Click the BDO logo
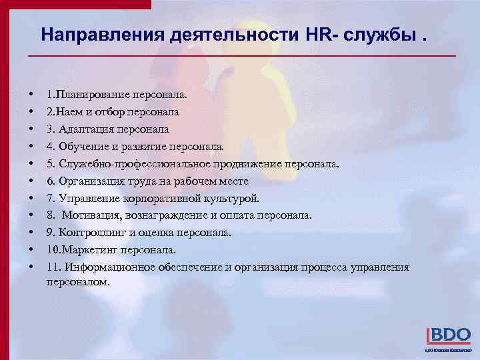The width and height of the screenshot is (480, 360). (x=448, y=335)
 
